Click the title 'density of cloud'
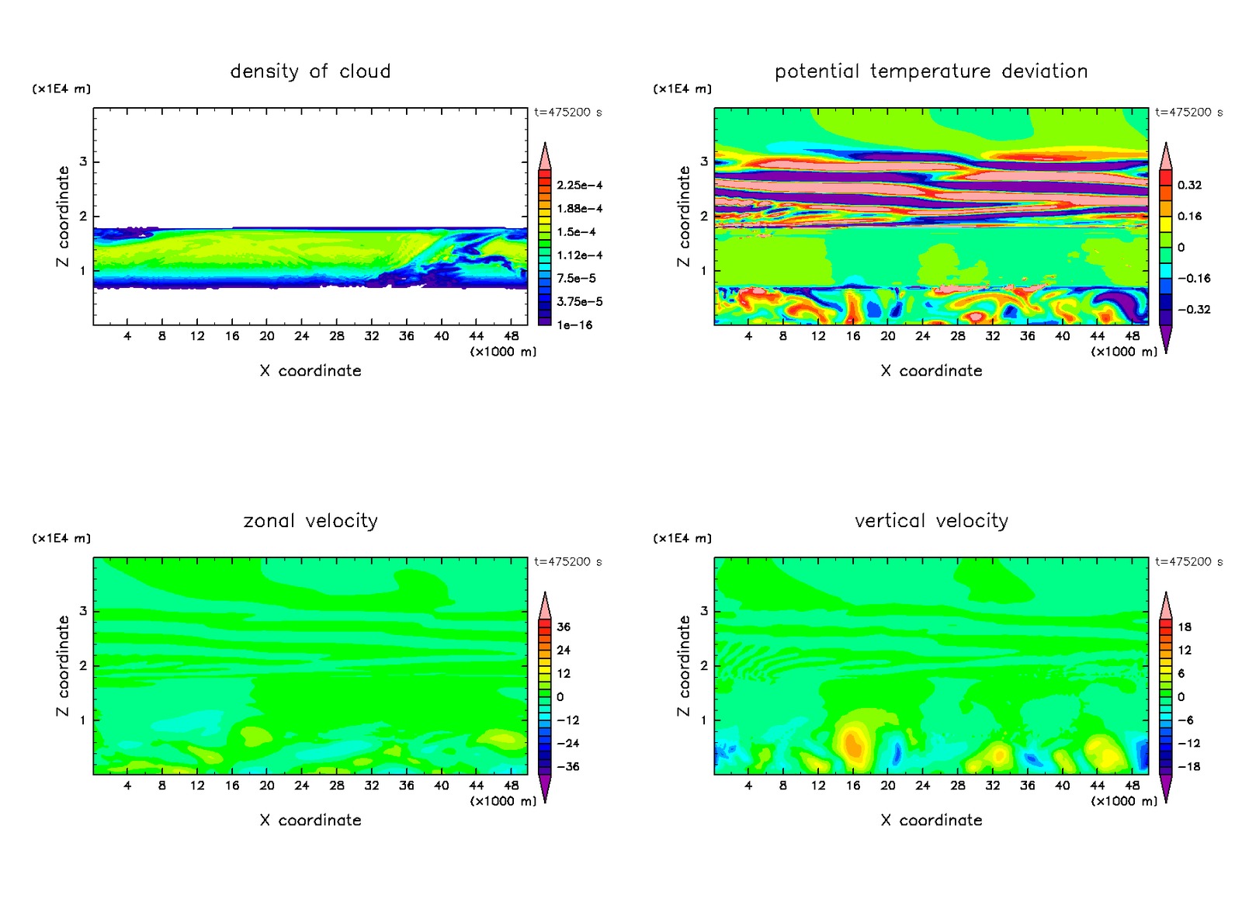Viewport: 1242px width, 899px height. click(310, 71)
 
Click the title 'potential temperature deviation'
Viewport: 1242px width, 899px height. click(931, 71)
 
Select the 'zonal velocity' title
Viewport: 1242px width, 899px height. click(310, 521)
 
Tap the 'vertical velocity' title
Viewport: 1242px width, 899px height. click(931, 521)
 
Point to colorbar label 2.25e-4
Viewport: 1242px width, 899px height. click(579, 186)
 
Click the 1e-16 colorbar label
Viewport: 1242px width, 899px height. click(574, 325)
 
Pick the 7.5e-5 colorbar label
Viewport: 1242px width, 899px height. click(576, 279)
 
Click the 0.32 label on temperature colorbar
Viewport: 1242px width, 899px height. click(1189, 186)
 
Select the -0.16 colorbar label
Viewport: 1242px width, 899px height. click(1193, 279)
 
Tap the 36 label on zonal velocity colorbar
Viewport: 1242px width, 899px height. click(564, 627)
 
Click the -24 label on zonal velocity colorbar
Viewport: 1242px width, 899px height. click(567, 744)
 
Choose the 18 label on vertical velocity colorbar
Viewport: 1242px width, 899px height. click(1185, 627)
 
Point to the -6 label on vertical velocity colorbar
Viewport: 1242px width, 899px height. click(1185, 720)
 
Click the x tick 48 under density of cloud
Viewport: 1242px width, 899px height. click(511, 336)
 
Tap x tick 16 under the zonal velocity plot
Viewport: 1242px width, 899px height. click(232, 786)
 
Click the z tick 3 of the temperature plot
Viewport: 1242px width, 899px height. click(704, 161)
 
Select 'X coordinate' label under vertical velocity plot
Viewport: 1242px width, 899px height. click(931, 821)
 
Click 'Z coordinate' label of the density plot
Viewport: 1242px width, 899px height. click(63, 217)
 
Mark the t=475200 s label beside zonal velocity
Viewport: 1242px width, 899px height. click(567, 562)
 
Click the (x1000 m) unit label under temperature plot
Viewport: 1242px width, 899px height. click(1123, 352)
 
